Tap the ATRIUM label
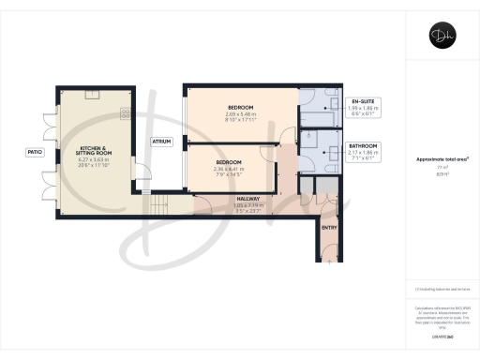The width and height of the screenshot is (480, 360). (x=161, y=141)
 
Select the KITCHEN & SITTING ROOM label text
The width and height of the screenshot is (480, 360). (x=96, y=151)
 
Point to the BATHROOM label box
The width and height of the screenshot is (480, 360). (x=363, y=151)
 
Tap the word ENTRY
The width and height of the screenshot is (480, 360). (x=329, y=227)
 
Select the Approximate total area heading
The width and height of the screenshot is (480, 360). (x=442, y=159)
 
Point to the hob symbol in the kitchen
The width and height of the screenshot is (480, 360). (x=125, y=113)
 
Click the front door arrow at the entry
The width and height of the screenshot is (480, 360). (x=329, y=262)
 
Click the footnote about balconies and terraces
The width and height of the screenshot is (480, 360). (x=441, y=289)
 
